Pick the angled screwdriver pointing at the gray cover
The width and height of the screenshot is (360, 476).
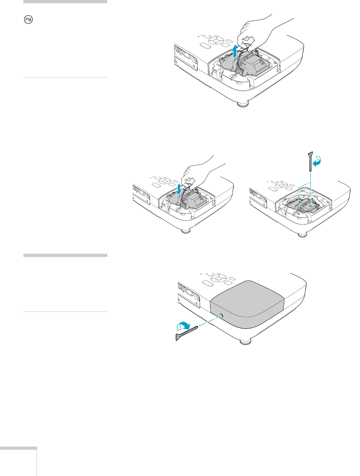point(187,334)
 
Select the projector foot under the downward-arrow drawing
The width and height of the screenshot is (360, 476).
point(186,231)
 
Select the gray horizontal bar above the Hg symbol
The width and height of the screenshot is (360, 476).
point(65,2)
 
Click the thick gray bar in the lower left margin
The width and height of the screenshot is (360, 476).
point(65,255)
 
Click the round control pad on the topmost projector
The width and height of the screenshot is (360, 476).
point(217,41)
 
